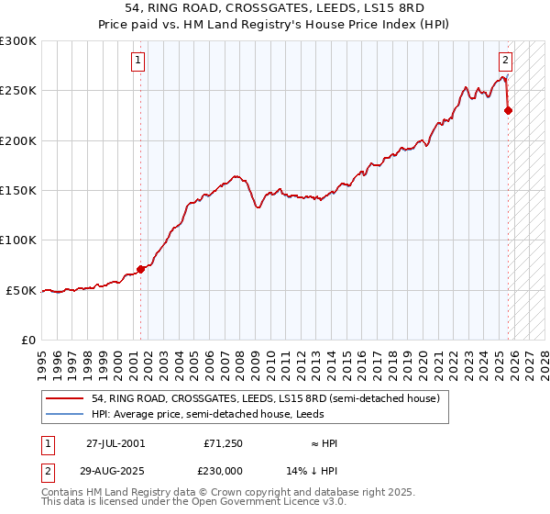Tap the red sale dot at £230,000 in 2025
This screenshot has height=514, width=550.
click(509, 111)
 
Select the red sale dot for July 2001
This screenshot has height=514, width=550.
click(140, 269)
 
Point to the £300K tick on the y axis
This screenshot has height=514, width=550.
click(18, 41)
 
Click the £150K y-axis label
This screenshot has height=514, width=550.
click(18, 190)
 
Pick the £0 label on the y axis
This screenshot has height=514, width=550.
click(27, 340)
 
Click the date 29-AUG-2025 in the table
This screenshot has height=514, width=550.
click(115, 469)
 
